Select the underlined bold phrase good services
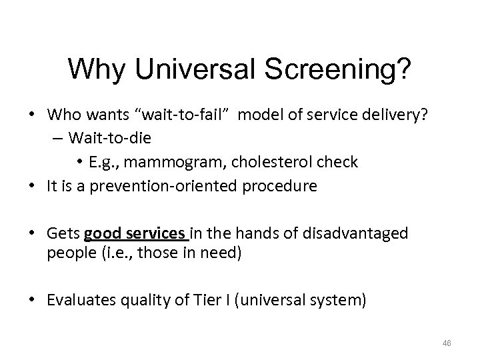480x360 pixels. (137, 233)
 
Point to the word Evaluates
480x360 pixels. (78, 300)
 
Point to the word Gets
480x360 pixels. (64, 233)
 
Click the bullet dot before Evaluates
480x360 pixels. (35, 300)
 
